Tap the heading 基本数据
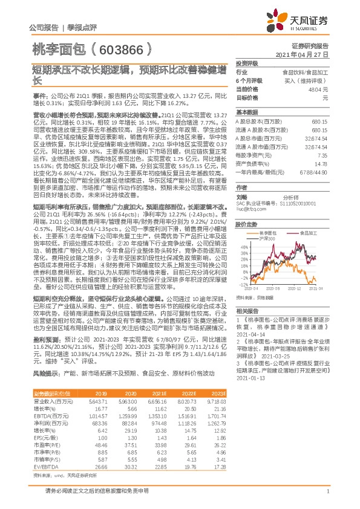[246, 112]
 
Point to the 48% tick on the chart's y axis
[242, 245]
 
